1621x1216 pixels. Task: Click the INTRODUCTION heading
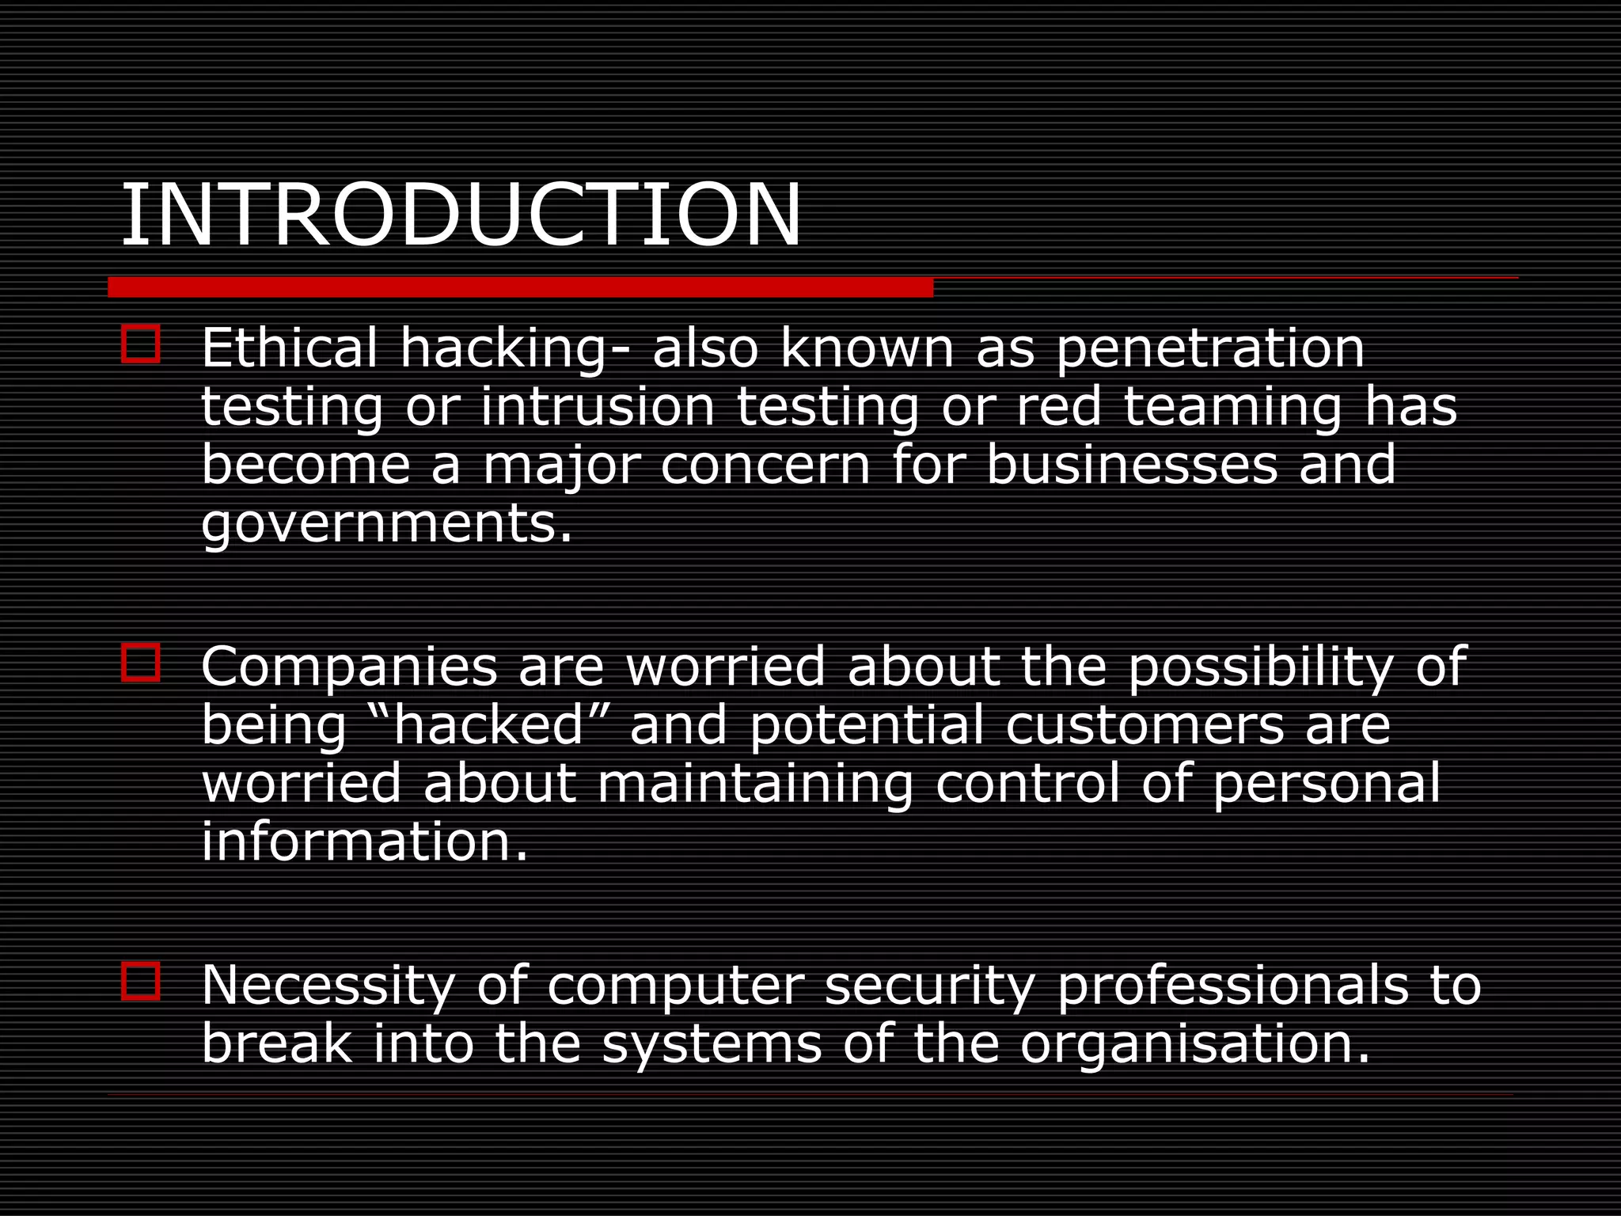coord(461,215)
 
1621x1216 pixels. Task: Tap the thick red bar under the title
coord(520,287)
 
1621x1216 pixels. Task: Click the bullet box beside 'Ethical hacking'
coord(141,345)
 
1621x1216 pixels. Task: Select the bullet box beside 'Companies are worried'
coord(141,663)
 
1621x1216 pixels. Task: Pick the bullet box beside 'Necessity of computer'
coord(141,982)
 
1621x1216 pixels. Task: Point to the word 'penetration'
coord(1210,349)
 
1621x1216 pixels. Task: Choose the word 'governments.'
coord(387,524)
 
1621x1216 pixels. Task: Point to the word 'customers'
coord(1145,725)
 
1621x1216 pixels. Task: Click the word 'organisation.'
coord(1195,1044)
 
